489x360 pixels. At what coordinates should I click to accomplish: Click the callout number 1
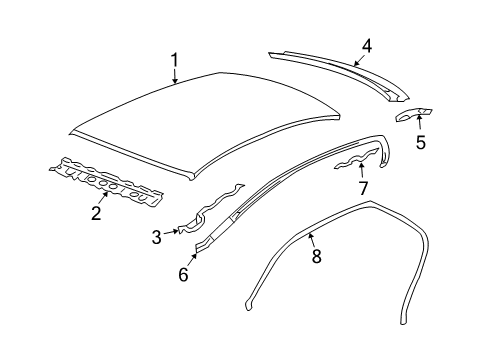click(175, 64)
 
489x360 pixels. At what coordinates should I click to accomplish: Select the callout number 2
click(96, 211)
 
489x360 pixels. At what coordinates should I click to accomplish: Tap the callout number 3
click(157, 237)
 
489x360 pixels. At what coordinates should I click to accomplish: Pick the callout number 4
click(367, 45)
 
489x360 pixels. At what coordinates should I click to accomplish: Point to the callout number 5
click(420, 141)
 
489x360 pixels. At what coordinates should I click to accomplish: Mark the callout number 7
click(363, 187)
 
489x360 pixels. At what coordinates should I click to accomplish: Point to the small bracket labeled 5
click(413, 113)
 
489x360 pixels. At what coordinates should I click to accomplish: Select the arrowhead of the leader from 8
click(307, 232)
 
